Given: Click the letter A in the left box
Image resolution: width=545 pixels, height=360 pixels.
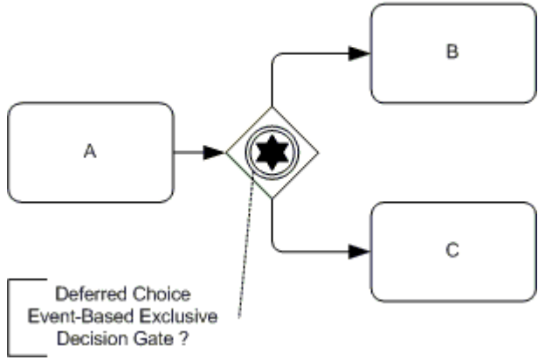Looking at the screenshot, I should point(89,152).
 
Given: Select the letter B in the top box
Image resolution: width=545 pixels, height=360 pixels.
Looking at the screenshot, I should point(452,52).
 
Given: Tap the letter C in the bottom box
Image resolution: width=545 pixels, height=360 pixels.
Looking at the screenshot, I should point(452,252).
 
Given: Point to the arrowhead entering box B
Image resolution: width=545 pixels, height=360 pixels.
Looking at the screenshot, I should point(359,53).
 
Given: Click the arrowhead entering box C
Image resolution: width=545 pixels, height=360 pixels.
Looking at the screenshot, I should point(359,253).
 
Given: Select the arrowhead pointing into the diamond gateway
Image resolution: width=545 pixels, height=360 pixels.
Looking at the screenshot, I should point(214,153).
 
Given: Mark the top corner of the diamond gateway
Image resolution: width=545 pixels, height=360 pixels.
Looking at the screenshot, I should point(272,108).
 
